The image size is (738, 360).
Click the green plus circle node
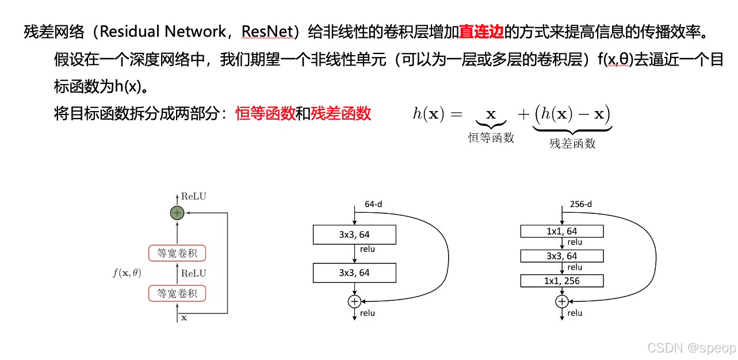tap(177, 213)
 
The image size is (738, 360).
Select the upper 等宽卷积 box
tap(177, 253)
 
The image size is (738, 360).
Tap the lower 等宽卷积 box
tap(177, 293)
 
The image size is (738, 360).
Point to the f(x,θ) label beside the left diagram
tap(127, 273)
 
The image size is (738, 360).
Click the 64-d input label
tap(374, 204)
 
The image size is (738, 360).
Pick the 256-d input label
tap(580, 204)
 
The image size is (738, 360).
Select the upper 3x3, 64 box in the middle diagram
tap(354, 235)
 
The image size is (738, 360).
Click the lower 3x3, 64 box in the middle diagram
tap(354, 273)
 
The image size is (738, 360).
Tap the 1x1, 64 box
tap(562, 231)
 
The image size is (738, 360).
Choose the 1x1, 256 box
tap(562, 281)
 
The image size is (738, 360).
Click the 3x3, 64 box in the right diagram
tap(562, 256)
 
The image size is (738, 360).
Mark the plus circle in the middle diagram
tap(354, 301)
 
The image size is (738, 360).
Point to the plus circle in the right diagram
tap(562, 301)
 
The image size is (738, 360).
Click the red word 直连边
tap(481, 32)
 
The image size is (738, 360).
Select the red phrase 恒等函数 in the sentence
tap(265, 113)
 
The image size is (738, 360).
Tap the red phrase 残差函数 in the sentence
tap(341, 113)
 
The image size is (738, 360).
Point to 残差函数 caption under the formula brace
tap(572, 144)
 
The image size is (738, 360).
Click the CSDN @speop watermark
tap(691, 348)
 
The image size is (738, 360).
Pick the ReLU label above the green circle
tap(193, 197)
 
